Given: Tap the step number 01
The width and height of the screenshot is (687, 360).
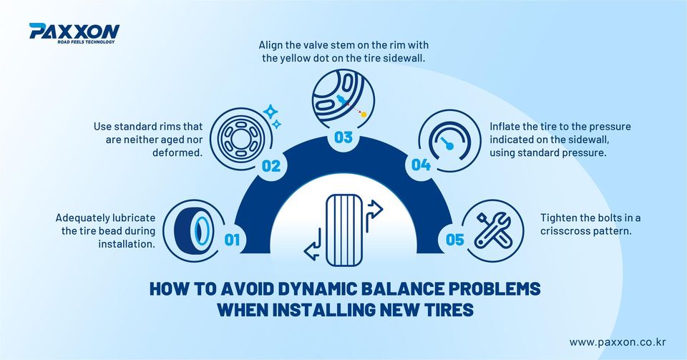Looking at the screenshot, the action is pyautogui.click(x=232, y=240).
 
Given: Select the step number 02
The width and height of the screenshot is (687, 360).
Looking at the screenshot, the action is pyautogui.click(x=271, y=166).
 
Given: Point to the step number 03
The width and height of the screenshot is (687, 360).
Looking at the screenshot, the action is pyautogui.click(x=343, y=137).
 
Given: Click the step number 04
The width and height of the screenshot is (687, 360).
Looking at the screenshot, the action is pyautogui.click(x=421, y=165).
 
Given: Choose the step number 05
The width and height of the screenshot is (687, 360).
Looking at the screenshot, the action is pyautogui.click(x=454, y=240).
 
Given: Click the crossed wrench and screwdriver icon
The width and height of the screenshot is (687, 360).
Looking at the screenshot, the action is pyautogui.click(x=493, y=230).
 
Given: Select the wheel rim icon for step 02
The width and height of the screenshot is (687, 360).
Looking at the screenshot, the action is pyautogui.click(x=240, y=139).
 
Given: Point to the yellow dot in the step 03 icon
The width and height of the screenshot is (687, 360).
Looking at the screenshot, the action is pyautogui.click(x=364, y=115).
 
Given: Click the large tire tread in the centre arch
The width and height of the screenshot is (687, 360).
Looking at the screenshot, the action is pyautogui.click(x=344, y=230).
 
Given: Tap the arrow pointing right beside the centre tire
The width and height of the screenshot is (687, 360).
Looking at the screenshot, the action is pyautogui.click(x=374, y=210).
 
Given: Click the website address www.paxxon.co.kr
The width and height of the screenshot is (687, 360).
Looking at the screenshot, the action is pyautogui.click(x=618, y=342).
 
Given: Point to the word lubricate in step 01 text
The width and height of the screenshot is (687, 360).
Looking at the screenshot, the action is pyautogui.click(x=133, y=218).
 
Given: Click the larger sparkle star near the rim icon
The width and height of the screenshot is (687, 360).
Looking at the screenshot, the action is pyautogui.click(x=271, y=112).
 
